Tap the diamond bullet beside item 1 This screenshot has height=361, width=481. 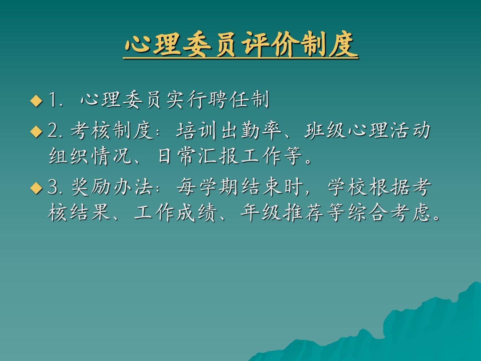tap(36, 101)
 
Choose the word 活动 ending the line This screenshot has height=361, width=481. tap(410, 131)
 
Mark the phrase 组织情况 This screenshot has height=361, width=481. tap(90, 156)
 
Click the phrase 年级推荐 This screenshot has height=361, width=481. tap(282, 213)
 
